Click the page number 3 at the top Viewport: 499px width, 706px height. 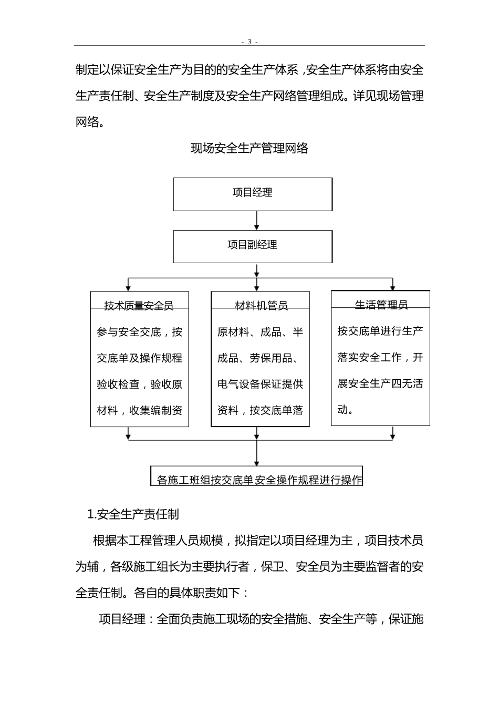click(x=249, y=42)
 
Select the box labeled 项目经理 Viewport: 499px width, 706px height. click(x=253, y=194)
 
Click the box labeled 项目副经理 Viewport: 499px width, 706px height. click(x=253, y=246)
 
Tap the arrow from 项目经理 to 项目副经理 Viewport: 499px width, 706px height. click(x=256, y=221)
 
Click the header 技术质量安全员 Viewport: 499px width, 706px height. click(x=139, y=305)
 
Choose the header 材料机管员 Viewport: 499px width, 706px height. click(x=261, y=305)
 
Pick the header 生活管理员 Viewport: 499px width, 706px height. click(x=381, y=304)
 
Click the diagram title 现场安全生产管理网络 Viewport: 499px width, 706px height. click(x=249, y=149)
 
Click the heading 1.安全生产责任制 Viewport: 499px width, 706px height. click(x=133, y=514)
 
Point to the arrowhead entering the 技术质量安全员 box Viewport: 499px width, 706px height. click(x=128, y=287)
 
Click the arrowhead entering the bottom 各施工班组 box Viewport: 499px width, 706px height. click(x=256, y=462)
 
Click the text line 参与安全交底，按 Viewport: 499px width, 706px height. click(x=139, y=332)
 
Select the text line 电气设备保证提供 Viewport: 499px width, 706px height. click(x=261, y=385)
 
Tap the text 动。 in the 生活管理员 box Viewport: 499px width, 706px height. click(x=345, y=410)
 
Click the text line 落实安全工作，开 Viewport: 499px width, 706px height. click(x=380, y=358)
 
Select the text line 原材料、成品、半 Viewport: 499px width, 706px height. click(x=261, y=332)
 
